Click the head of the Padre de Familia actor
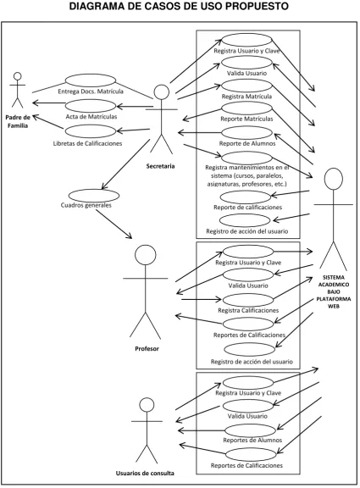point(18,76)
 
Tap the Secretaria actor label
point(160,166)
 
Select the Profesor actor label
point(147,348)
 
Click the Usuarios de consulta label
point(145,474)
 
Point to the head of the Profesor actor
point(146,254)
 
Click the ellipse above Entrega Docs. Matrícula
point(91,80)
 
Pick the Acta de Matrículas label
point(91,117)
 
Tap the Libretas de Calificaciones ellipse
point(91,131)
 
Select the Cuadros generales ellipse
point(94,196)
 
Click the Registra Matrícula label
point(246,97)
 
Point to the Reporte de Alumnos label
point(247,143)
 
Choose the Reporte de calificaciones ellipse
point(245,197)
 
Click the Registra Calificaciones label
point(248,310)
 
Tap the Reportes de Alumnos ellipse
point(250,430)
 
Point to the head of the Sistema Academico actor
point(334,178)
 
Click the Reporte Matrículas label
point(246,119)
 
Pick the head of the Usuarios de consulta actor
point(147,405)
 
